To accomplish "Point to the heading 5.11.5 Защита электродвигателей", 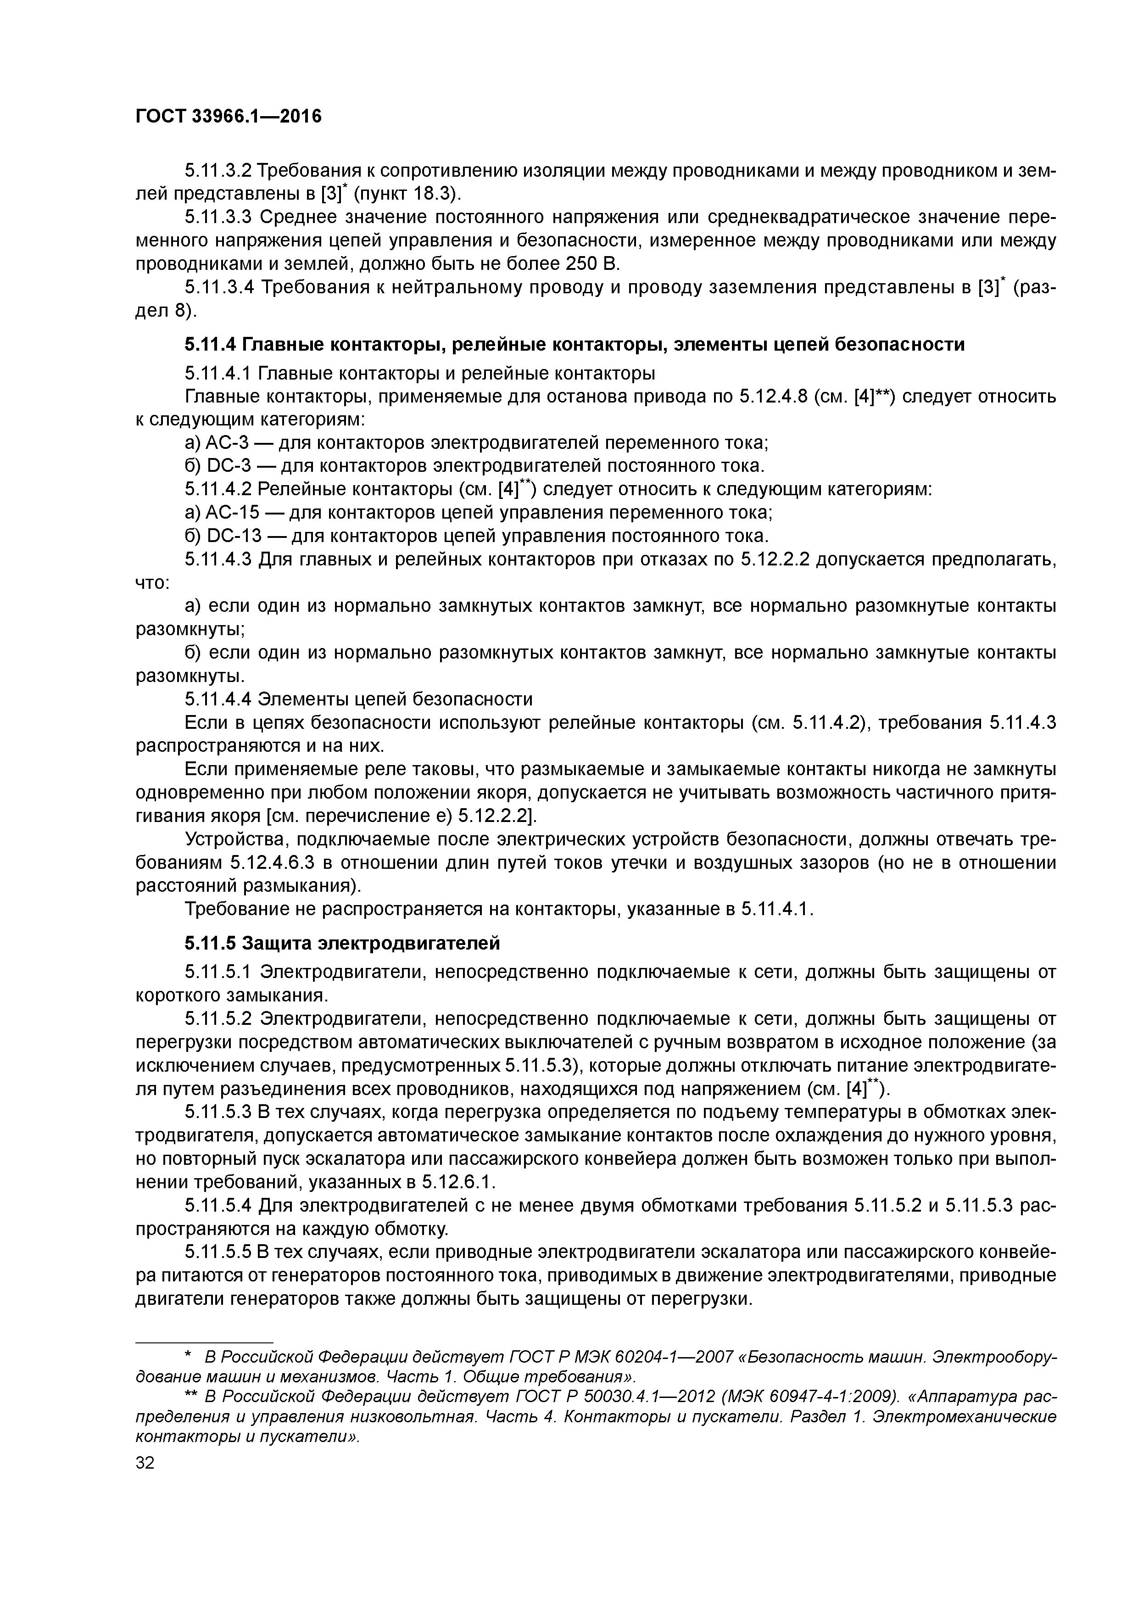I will tap(342, 944).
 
